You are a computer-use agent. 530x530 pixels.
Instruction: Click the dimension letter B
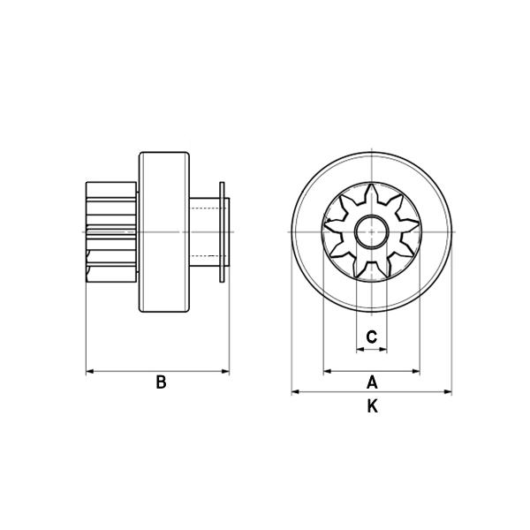pos(162,382)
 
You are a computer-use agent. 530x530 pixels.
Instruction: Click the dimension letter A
pos(372,382)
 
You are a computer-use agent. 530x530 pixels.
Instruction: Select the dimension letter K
pos(372,406)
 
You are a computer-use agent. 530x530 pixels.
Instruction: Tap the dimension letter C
pos(372,337)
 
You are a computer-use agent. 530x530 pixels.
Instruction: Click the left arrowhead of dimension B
pos(90,372)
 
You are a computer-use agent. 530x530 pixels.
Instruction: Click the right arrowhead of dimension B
pos(225,372)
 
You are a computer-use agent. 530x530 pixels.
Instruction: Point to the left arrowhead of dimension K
pos(295,392)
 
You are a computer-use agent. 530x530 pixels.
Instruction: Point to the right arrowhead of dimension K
pos(448,392)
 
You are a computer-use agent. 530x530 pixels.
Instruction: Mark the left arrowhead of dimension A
pos(328,372)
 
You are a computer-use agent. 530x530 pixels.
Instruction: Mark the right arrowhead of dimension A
pos(416,372)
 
